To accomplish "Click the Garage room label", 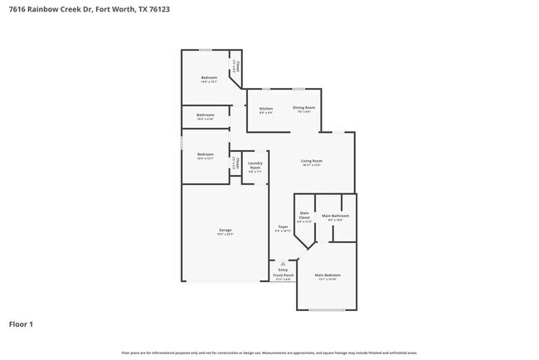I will (x=225, y=230).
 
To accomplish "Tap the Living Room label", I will (x=311, y=161).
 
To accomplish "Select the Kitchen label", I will (x=266, y=109).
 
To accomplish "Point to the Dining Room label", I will (x=303, y=108).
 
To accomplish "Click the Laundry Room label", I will (x=255, y=164).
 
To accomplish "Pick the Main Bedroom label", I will (x=327, y=275).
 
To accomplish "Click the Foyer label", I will (x=283, y=226).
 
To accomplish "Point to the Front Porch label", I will (x=284, y=275).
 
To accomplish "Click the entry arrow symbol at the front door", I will (x=283, y=262).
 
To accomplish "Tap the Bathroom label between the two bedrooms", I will (x=205, y=114).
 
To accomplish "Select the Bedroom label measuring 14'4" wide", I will (x=208, y=78).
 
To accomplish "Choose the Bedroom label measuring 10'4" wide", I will (x=205, y=154).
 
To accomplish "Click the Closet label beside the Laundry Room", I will (x=236, y=161).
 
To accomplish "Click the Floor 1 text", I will (x=21, y=324).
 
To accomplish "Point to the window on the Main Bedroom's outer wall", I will (x=327, y=309).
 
